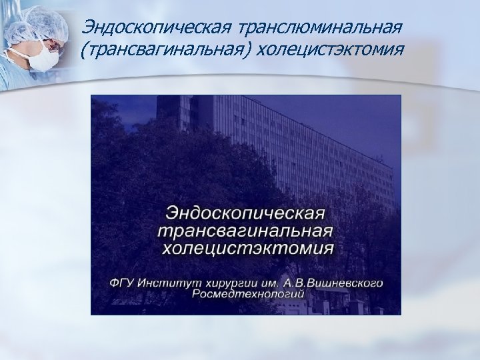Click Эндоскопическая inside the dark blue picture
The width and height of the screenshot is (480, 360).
[x=245, y=214]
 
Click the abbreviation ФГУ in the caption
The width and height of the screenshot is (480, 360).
[x=124, y=283]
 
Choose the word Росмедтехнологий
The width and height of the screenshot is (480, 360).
[x=247, y=293]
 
